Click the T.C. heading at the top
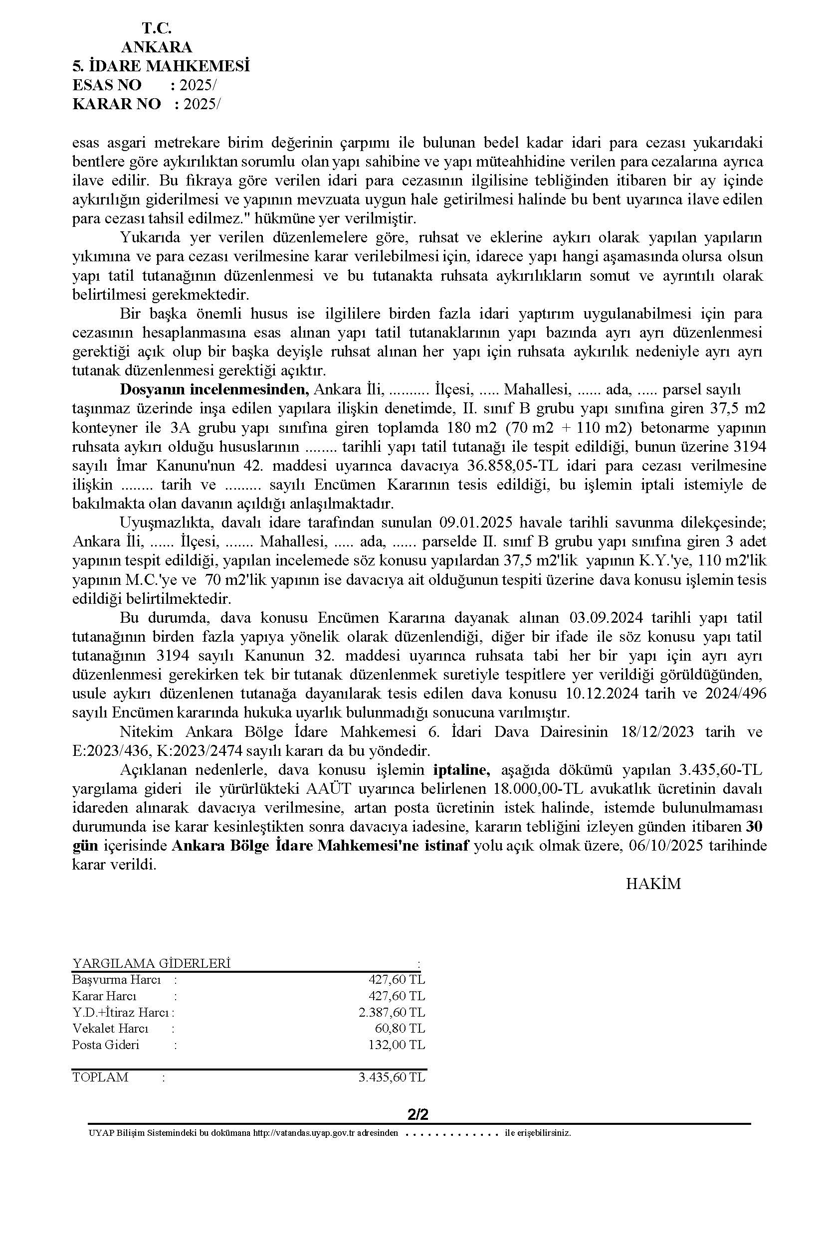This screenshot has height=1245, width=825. [x=156, y=28]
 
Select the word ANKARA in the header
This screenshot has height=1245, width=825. [x=156, y=47]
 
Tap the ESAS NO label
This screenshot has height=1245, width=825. [x=107, y=85]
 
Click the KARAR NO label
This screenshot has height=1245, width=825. [x=116, y=104]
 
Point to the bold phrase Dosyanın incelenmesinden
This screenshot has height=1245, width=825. [x=214, y=390]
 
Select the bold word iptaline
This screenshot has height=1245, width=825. [x=461, y=770]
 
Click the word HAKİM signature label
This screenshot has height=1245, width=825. [x=653, y=884]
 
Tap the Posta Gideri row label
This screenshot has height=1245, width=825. [x=106, y=1045]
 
